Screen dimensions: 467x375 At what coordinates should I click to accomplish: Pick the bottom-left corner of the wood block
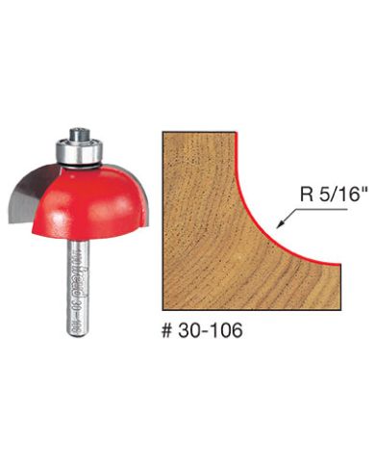pos(157,305)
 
